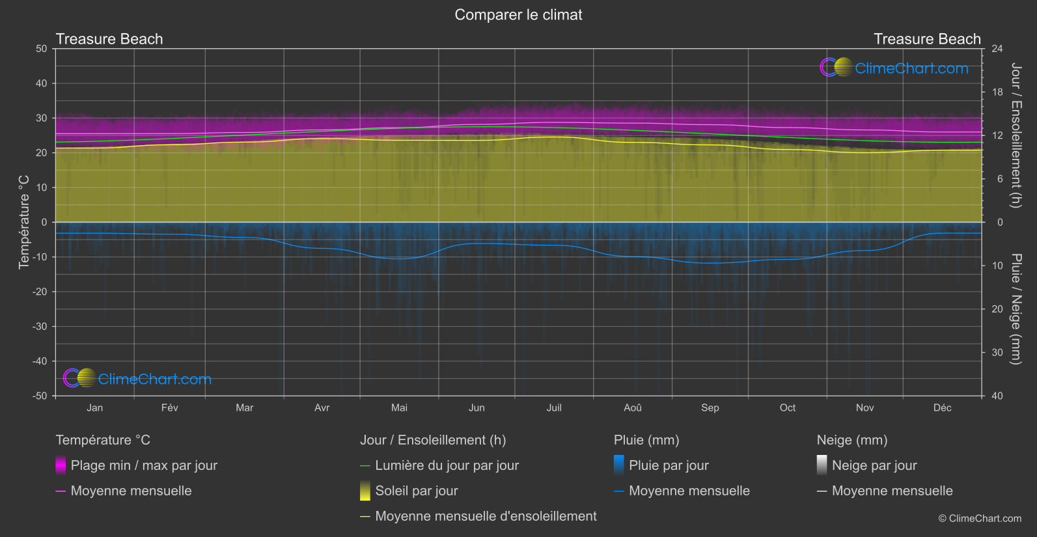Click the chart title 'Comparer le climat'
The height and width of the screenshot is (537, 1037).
coord(518,15)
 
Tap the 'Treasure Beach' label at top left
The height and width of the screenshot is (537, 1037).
coord(109,39)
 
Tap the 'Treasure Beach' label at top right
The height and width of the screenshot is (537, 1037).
coord(926,39)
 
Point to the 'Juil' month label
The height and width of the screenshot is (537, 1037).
coord(554,408)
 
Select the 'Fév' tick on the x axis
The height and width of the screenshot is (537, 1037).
coord(169,408)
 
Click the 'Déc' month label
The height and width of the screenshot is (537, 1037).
coord(942,408)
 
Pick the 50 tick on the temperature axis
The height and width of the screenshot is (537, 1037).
coord(42,49)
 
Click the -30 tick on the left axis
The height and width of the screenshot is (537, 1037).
coord(40,327)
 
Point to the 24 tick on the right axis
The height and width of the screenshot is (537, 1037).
coord(997,49)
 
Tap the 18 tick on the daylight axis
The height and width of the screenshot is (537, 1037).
coord(997,92)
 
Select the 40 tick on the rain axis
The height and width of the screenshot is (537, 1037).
coord(997,396)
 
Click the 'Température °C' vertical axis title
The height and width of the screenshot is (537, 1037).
coord(24,221)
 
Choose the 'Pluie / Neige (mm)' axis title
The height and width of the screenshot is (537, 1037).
coord(1016,309)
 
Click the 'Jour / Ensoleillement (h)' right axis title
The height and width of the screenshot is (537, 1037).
coord(1016,135)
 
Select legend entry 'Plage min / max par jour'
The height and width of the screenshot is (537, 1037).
coord(144,465)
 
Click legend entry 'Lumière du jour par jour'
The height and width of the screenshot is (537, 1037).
coord(447,465)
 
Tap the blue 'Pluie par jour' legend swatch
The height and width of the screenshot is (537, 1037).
coord(619,465)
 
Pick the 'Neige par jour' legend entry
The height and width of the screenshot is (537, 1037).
coord(874,465)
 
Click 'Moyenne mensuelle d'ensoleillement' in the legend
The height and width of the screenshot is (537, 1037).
coord(486,516)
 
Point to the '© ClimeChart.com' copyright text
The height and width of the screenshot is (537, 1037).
coord(980,519)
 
